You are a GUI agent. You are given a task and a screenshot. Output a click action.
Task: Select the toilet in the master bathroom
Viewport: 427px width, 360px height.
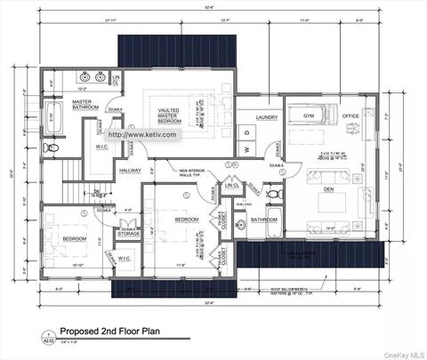pos(52,146)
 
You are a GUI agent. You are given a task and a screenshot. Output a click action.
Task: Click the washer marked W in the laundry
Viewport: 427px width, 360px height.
pos(246,148)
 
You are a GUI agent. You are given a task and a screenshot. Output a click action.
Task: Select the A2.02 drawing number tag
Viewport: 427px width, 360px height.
pos(36,340)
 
